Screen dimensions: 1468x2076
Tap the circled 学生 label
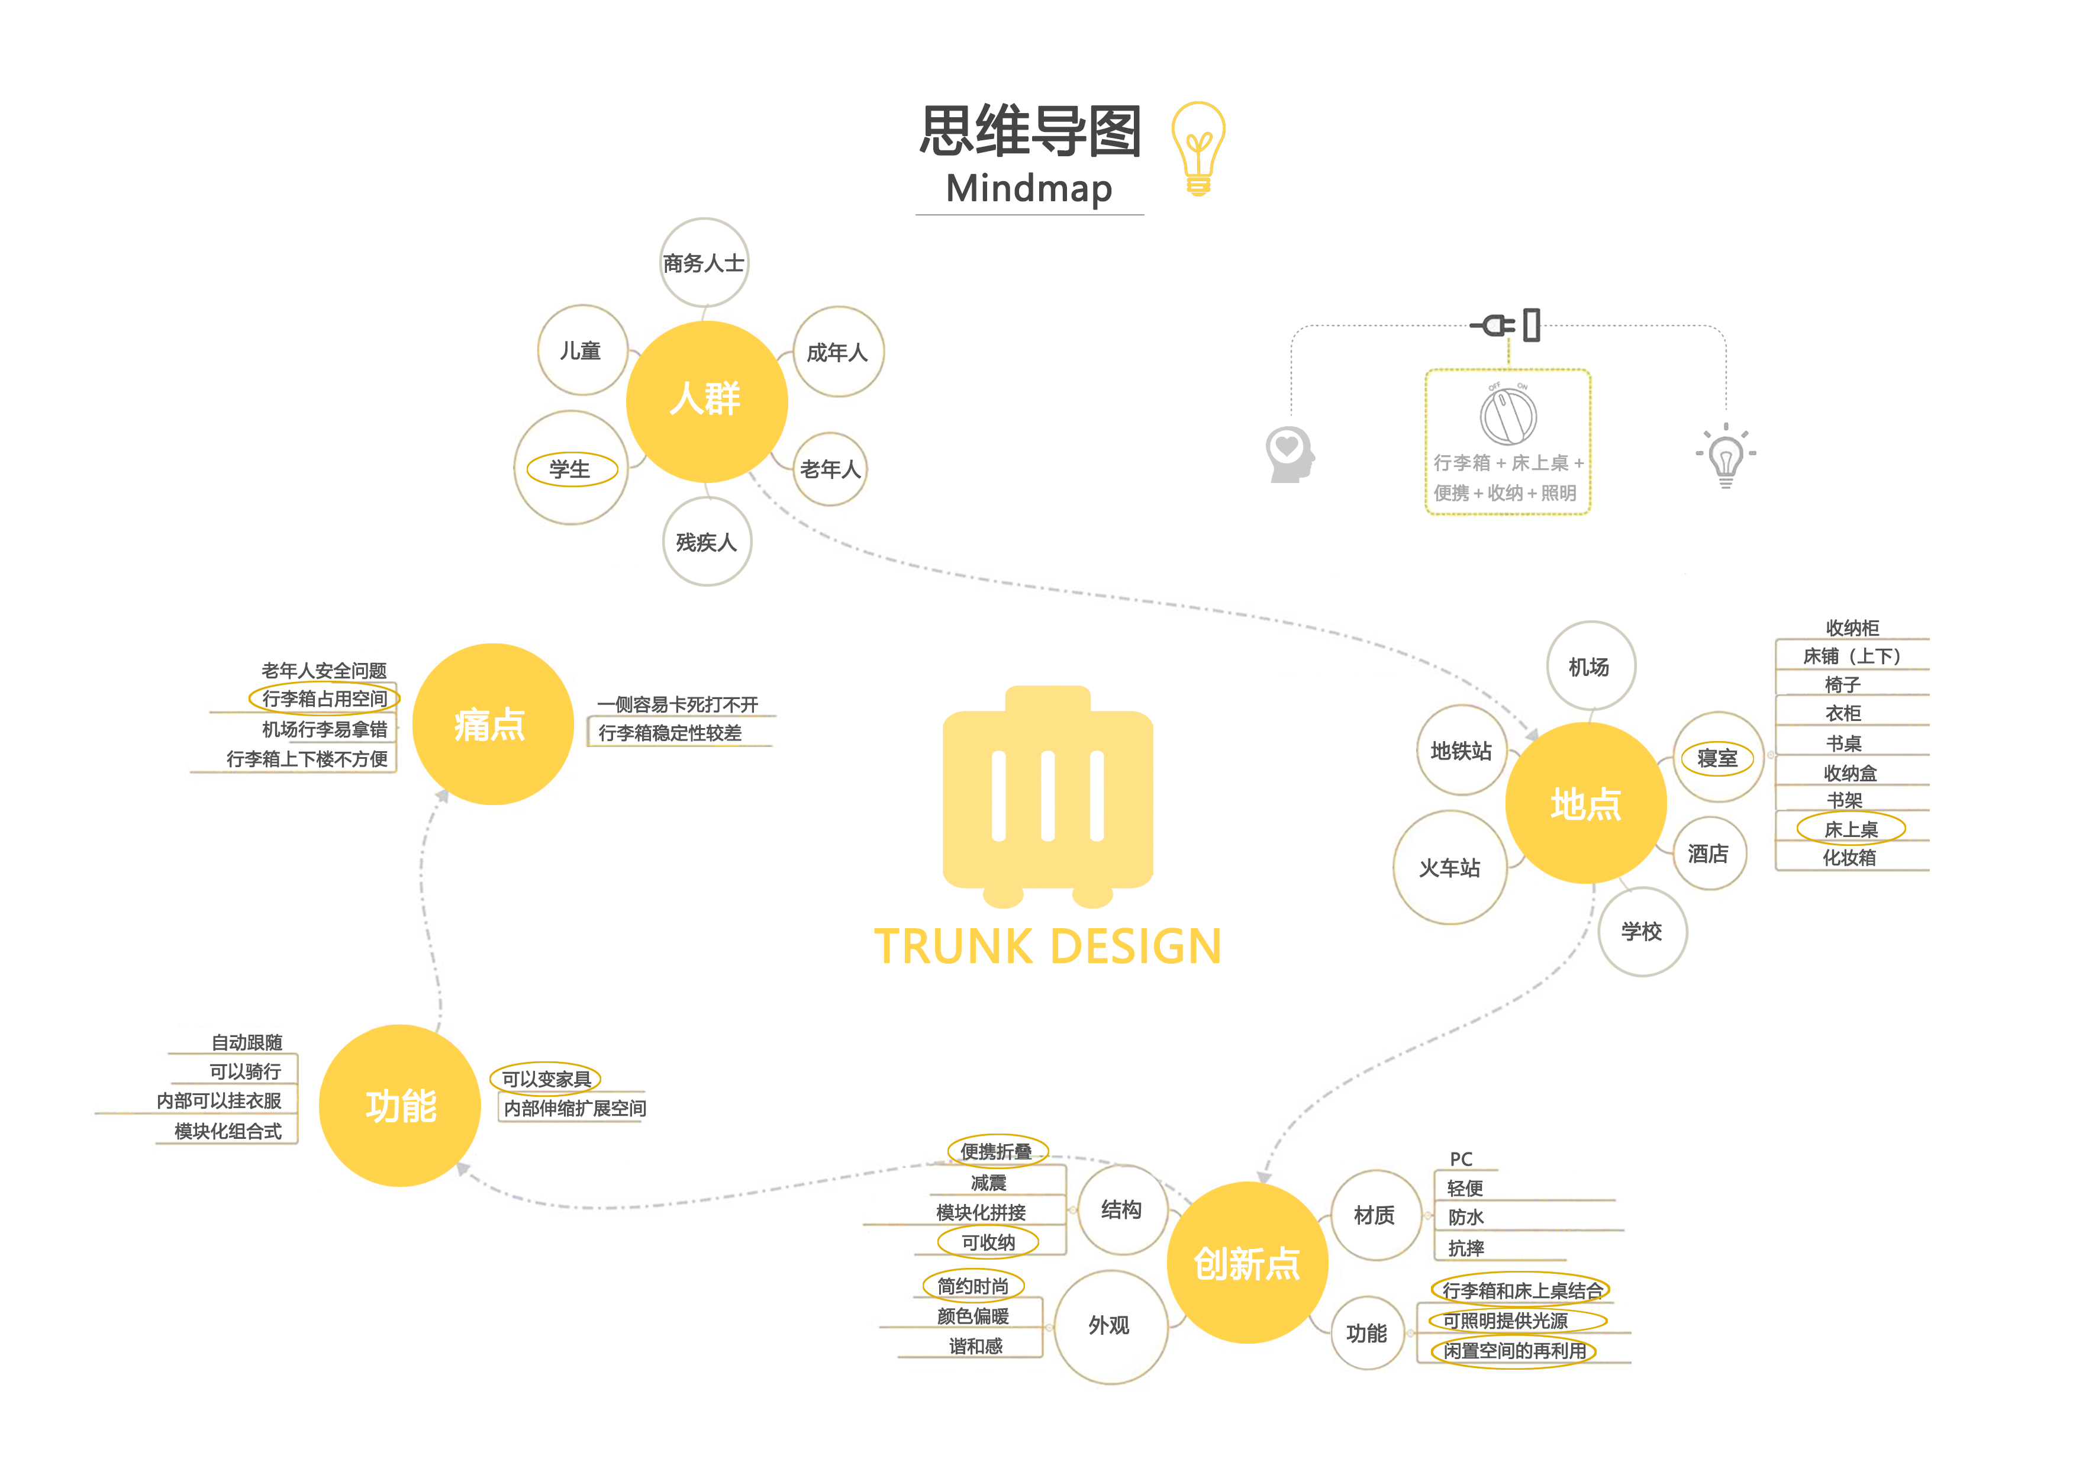(x=570, y=469)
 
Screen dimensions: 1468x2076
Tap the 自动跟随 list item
(x=247, y=1042)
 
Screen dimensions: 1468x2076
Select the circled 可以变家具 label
(x=546, y=1078)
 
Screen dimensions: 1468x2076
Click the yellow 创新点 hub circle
(x=1247, y=1263)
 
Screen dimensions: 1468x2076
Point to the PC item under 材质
(x=1461, y=1158)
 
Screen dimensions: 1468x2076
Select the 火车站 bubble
(x=1449, y=867)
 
